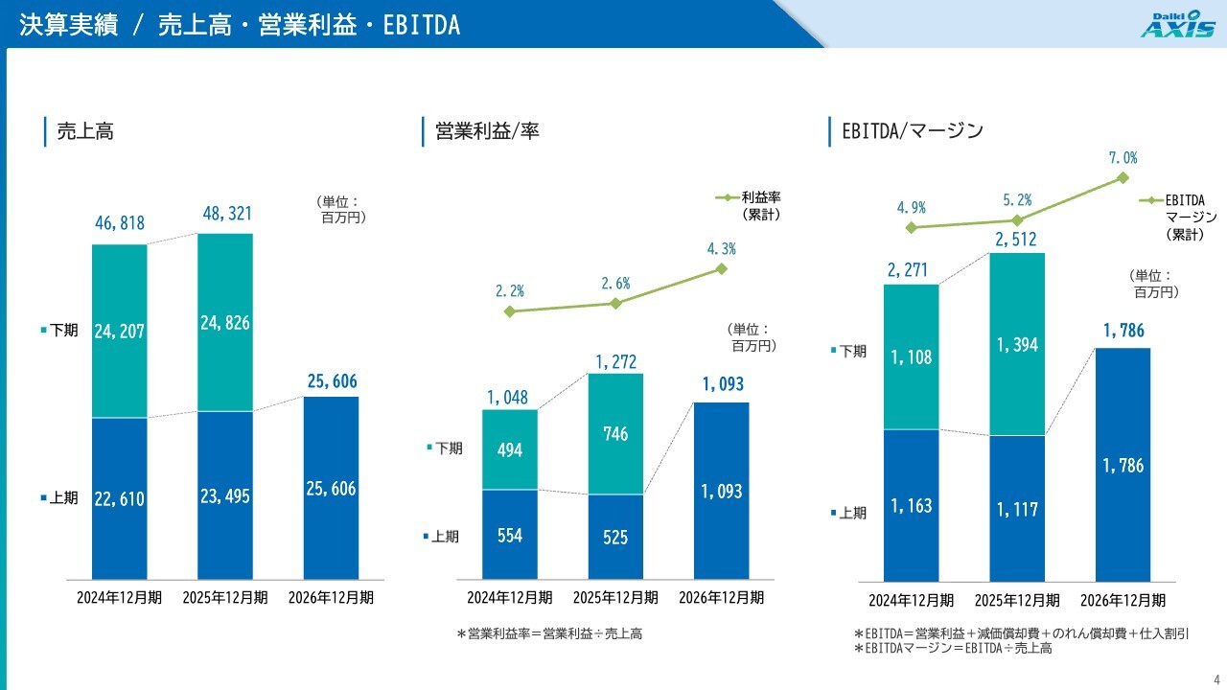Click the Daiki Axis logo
tap(1178, 24)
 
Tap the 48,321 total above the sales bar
tap(227, 213)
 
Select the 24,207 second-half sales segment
tap(120, 331)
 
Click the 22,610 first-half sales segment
tap(120, 498)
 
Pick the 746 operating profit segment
tap(615, 434)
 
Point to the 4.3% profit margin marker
tap(722, 269)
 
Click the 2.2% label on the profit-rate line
tap(509, 290)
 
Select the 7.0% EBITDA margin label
tap(1123, 158)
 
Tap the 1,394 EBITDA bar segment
tap(1017, 344)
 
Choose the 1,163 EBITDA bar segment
tap(911, 505)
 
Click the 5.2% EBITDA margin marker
tap(1017, 220)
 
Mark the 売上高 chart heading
tap(85, 131)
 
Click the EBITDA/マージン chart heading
tap(913, 131)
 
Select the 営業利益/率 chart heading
tap(487, 131)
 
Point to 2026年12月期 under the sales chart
tap(331, 597)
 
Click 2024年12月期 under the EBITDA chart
tap(911, 600)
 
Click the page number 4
tap(1216, 680)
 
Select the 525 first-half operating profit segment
tap(615, 537)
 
